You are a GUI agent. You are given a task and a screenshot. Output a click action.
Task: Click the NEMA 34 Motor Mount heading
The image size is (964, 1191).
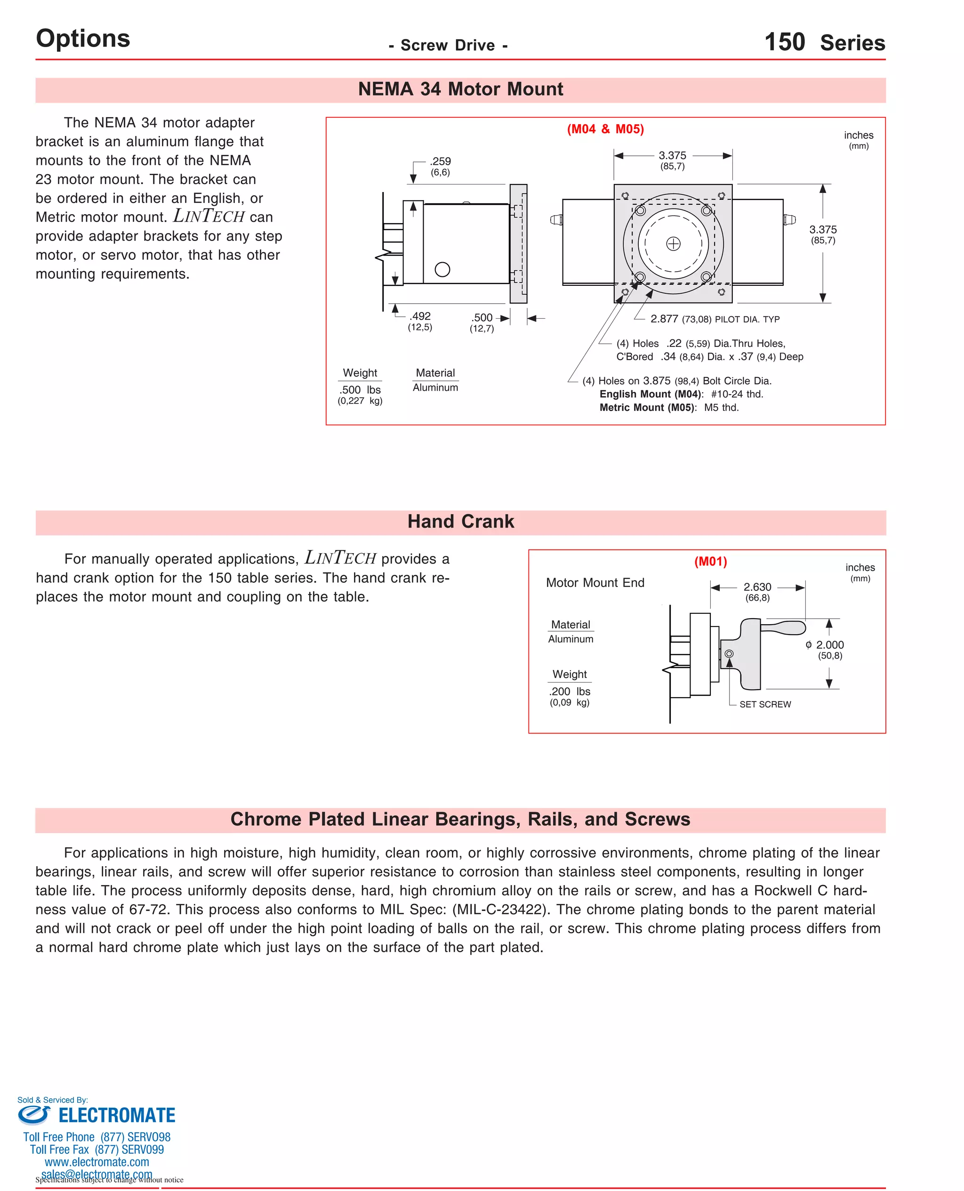[460, 89]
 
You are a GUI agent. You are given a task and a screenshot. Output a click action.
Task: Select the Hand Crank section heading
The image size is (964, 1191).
[460, 522]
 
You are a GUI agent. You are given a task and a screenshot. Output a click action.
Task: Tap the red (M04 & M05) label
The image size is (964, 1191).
[605, 129]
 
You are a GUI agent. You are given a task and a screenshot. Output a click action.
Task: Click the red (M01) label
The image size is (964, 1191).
[710, 561]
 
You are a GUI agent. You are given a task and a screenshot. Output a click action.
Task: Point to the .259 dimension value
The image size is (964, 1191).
[441, 161]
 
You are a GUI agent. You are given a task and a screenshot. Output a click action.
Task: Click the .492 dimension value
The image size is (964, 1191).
[420, 316]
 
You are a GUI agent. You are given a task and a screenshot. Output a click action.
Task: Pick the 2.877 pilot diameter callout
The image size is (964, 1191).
[664, 319]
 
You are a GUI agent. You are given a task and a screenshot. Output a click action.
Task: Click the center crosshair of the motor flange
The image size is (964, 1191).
[673, 243]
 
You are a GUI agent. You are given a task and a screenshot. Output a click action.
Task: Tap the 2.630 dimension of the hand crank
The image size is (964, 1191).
[757, 587]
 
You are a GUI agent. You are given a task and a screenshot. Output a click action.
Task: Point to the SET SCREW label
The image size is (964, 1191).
[764, 704]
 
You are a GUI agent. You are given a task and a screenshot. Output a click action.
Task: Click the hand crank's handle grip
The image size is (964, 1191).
[785, 628]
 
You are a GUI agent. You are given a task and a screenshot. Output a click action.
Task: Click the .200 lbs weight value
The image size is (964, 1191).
[570, 691]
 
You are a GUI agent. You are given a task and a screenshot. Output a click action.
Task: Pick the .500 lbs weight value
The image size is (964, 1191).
[360, 390]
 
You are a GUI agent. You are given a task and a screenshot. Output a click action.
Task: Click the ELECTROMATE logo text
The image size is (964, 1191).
[117, 1115]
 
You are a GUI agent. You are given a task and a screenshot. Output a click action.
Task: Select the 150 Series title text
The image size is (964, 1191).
[825, 42]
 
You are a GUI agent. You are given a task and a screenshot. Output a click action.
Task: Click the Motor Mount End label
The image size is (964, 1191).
[594, 582]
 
